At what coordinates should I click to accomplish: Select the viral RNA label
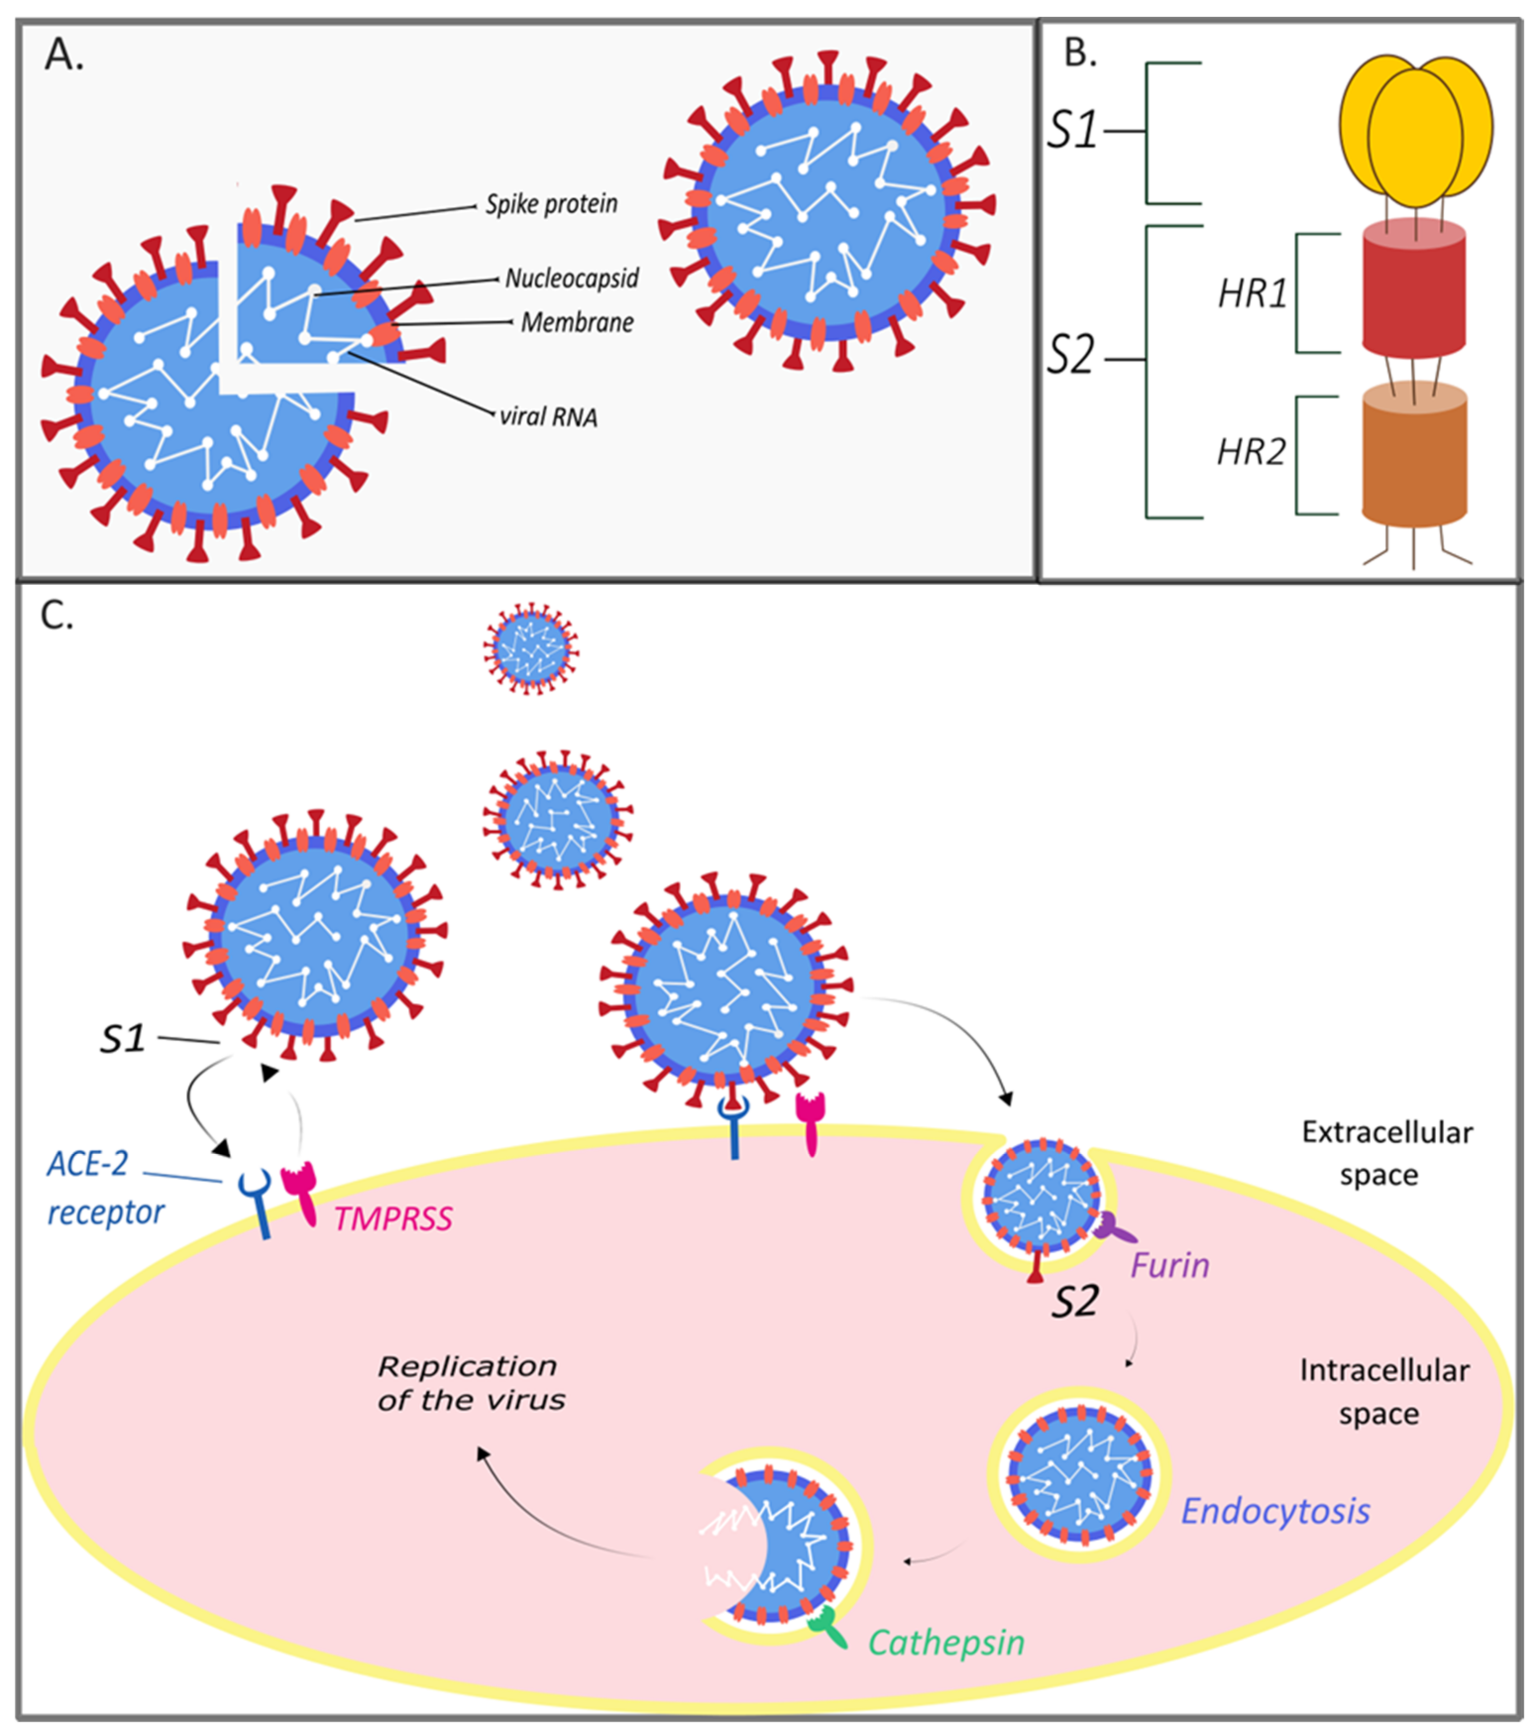[x=549, y=416]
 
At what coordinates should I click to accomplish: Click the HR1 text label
[x=1252, y=293]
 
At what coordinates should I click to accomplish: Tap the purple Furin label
[x=1170, y=1266]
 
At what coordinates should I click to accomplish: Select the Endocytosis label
[x=1275, y=1511]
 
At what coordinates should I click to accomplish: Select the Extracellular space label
[x=1386, y=1153]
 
